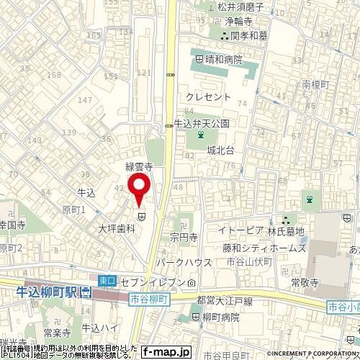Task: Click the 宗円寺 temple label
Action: [184, 235]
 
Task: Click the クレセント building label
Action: [208, 96]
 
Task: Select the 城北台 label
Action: [221, 150]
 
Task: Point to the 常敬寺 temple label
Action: [305, 284]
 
